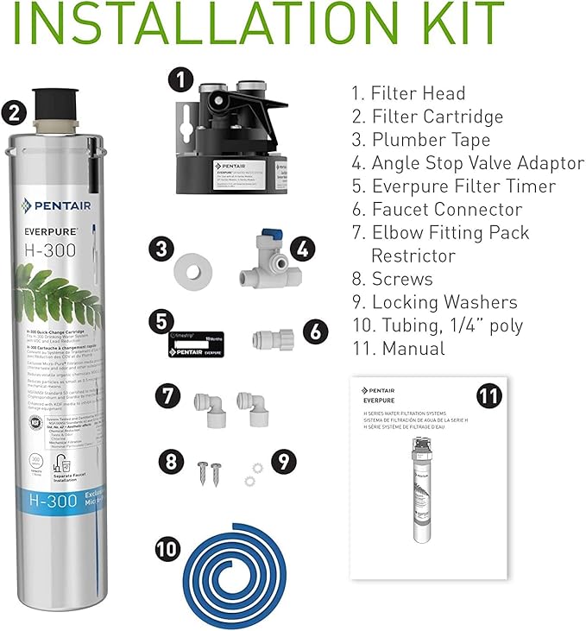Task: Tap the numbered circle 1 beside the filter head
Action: (179, 80)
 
